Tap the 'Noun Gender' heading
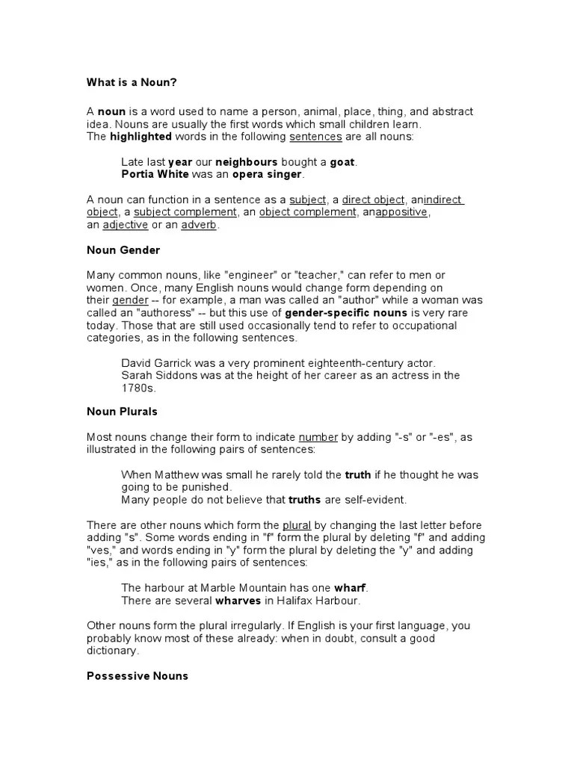click(123, 250)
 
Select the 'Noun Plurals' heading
click(122, 412)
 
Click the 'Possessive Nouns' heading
click(138, 676)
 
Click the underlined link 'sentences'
click(315, 137)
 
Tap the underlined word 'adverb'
click(198, 225)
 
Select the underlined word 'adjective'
click(125, 225)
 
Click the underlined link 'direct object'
click(374, 199)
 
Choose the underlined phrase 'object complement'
click(308, 212)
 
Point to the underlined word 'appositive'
click(401, 212)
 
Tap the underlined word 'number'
click(318, 437)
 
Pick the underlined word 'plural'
click(297, 525)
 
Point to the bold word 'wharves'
click(238, 601)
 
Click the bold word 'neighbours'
click(246, 161)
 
